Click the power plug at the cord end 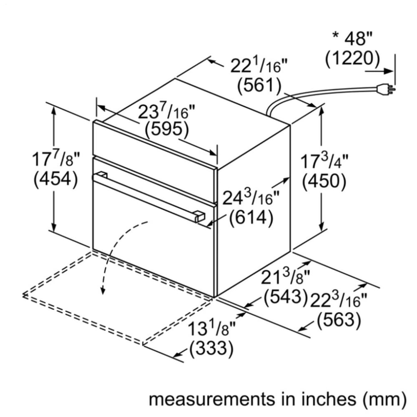pyautogui.click(x=384, y=88)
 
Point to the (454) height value pyautogui.click(x=55, y=180)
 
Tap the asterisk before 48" pyautogui.click(x=336, y=37)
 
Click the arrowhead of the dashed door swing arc pyautogui.click(x=101, y=291)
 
